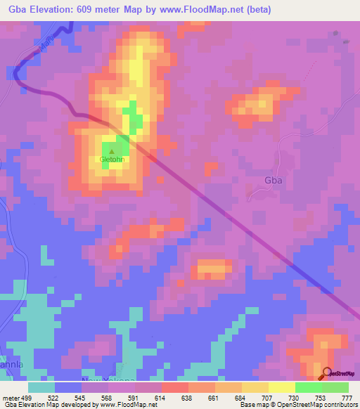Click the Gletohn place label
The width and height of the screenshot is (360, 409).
point(112,160)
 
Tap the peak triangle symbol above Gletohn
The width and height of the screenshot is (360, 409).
point(111,150)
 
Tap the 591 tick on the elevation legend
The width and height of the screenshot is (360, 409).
point(134,398)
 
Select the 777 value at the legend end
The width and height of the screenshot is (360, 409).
point(345,398)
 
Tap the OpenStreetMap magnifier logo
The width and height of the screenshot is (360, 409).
point(326,373)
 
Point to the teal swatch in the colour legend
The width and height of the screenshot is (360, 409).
point(41,387)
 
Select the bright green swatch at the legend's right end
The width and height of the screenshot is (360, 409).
point(335,387)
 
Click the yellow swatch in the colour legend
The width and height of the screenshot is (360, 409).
point(281,387)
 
